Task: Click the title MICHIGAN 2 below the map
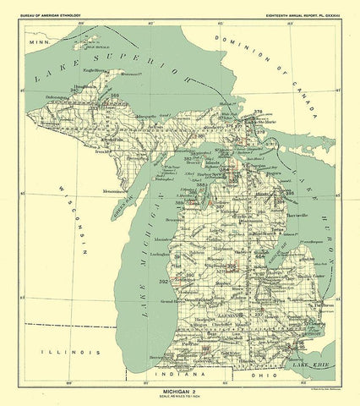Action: [179, 392]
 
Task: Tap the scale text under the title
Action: [179, 398]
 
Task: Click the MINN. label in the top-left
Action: [38, 41]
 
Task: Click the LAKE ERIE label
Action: [308, 364]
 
